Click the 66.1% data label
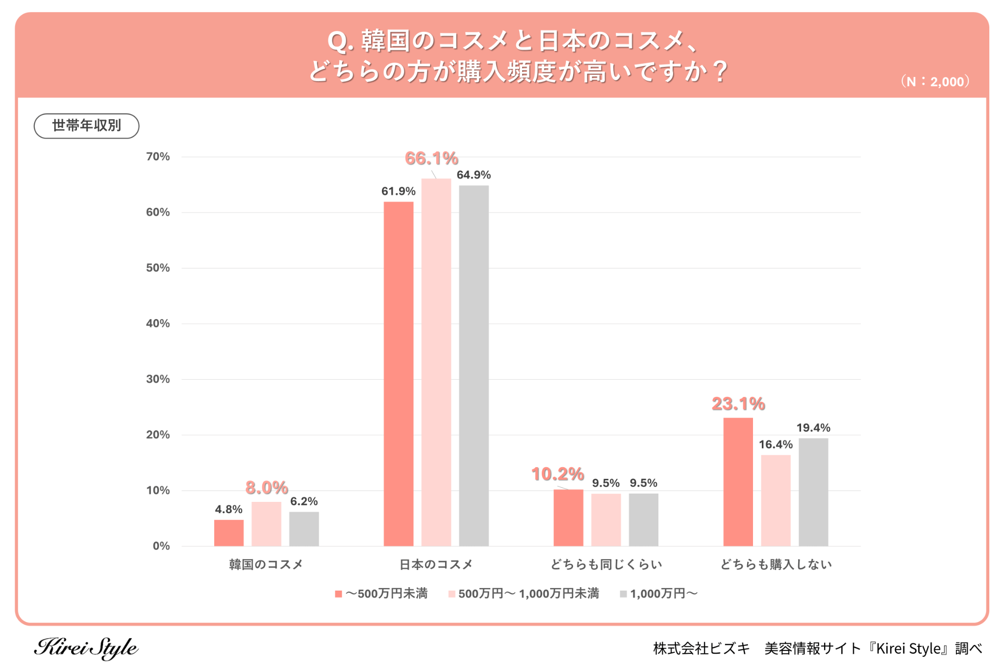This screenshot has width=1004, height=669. point(431,158)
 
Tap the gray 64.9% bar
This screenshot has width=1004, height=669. point(474,366)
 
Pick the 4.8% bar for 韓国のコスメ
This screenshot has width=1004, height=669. point(228,533)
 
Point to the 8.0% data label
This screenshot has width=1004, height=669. point(266,488)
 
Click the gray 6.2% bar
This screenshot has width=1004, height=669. point(304,529)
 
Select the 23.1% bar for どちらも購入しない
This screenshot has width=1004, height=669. point(738,482)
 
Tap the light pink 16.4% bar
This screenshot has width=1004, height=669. point(776,500)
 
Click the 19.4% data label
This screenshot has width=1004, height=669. point(813,428)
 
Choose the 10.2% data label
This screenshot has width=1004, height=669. point(557,474)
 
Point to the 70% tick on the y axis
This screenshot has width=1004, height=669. point(158,157)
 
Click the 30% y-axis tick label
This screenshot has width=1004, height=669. point(158,379)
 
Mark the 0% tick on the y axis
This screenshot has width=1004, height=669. point(161,546)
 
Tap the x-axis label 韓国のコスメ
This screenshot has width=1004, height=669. point(266,565)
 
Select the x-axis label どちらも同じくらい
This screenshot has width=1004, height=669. point(606,565)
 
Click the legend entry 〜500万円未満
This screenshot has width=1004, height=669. point(381,594)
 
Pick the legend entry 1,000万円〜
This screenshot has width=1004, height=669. point(658,594)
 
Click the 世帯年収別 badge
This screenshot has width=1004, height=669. point(86,126)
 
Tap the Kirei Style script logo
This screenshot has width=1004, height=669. point(86,648)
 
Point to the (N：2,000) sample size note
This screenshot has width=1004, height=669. point(935,82)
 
